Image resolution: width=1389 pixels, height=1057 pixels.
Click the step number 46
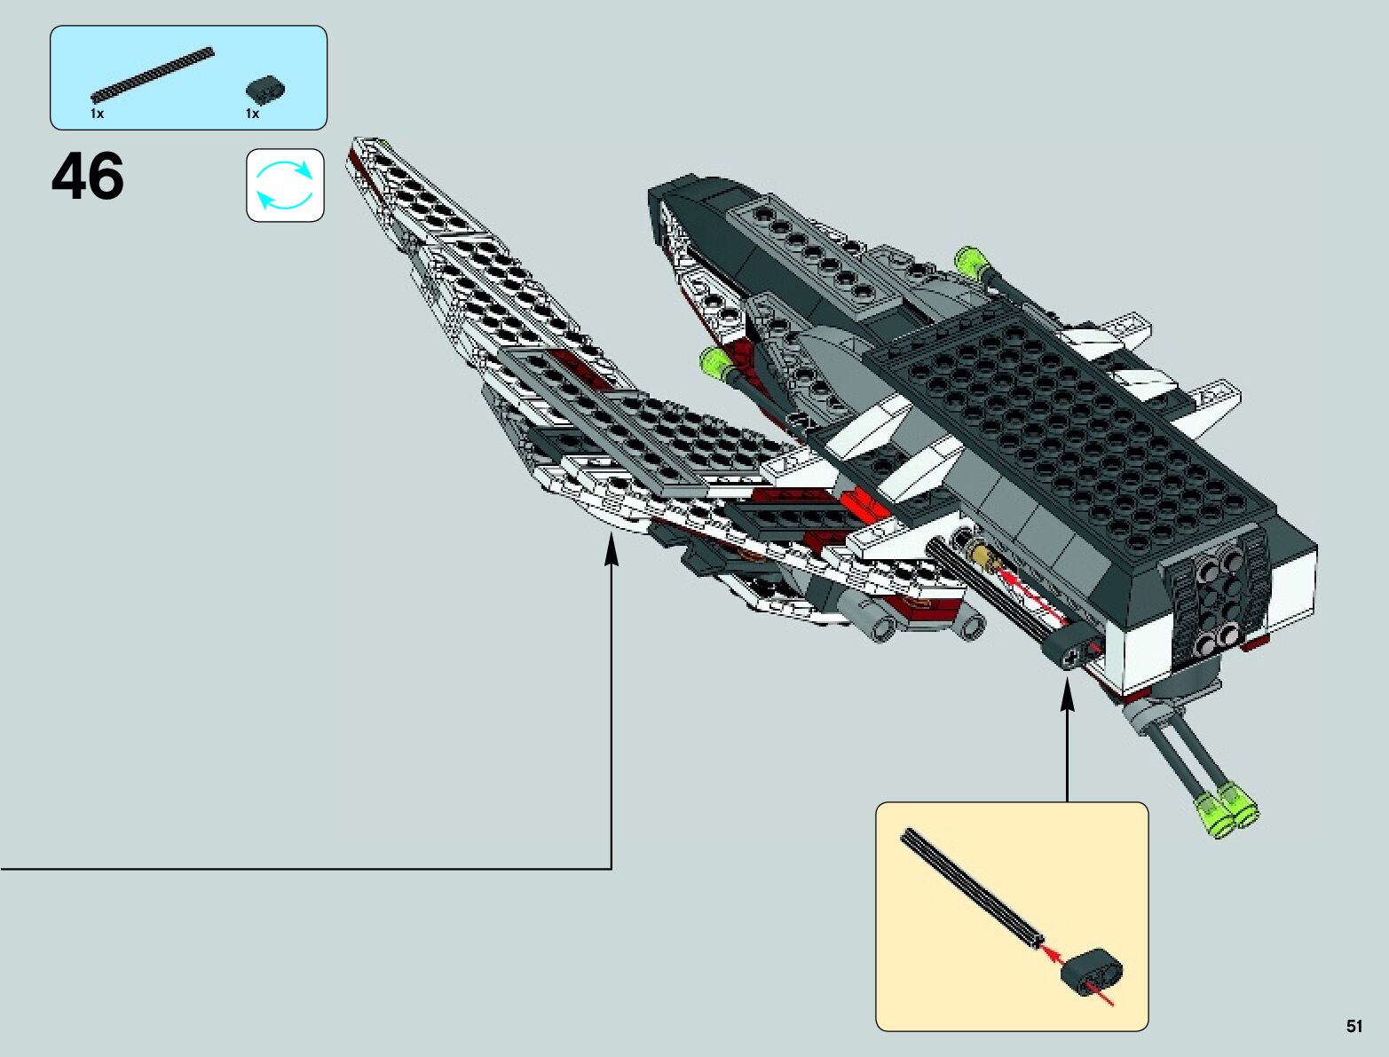pyautogui.click(x=88, y=177)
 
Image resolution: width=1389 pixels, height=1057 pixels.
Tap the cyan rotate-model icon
pyautogui.click(x=285, y=185)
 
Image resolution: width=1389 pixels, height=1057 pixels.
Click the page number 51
pyautogui.click(x=1353, y=1026)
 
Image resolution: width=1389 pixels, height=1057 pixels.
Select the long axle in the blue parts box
pyautogui.click(x=153, y=72)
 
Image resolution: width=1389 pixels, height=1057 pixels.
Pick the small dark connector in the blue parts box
pyautogui.click(x=264, y=89)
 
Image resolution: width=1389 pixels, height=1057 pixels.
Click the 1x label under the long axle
pyautogui.click(x=98, y=114)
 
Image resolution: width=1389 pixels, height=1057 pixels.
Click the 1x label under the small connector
pyautogui.click(x=253, y=114)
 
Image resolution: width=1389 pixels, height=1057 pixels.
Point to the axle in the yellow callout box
pyautogui.click(x=972, y=887)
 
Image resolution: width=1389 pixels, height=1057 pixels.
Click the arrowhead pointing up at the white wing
pyautogui.click(x=611, y=548)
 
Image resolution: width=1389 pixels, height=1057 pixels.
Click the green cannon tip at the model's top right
pyautogui.click(x=970, y=261)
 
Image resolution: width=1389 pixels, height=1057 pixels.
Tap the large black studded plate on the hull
pyautogui.click(x=1047, y=417)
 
